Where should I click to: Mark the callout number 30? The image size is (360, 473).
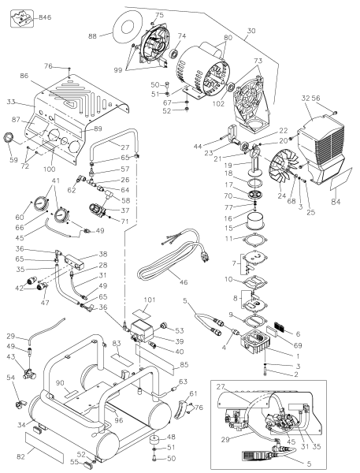tap(252, 30)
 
